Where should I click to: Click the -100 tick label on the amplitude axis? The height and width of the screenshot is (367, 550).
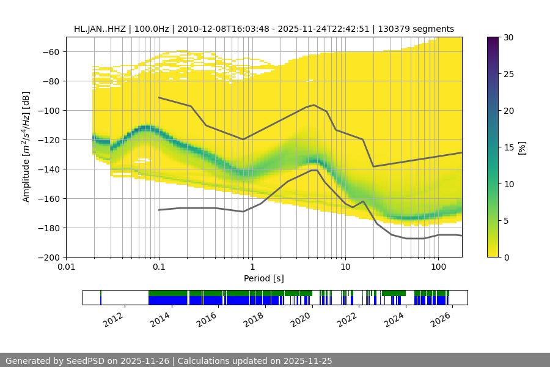click(51, 111)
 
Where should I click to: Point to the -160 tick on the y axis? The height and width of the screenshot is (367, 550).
click(51, 199)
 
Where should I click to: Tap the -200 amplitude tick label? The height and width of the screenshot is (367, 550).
click(51, 258)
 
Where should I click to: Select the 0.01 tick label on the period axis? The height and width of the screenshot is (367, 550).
click(66, 267)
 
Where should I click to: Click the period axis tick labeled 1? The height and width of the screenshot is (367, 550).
click(252, 267)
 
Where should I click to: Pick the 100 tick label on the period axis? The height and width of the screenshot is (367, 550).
click(438, 267)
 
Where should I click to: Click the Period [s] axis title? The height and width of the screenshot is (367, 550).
click(264, 278)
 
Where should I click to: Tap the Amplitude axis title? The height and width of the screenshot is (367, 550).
click(26, 147)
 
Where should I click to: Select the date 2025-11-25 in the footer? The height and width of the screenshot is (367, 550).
click(308, 361)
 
